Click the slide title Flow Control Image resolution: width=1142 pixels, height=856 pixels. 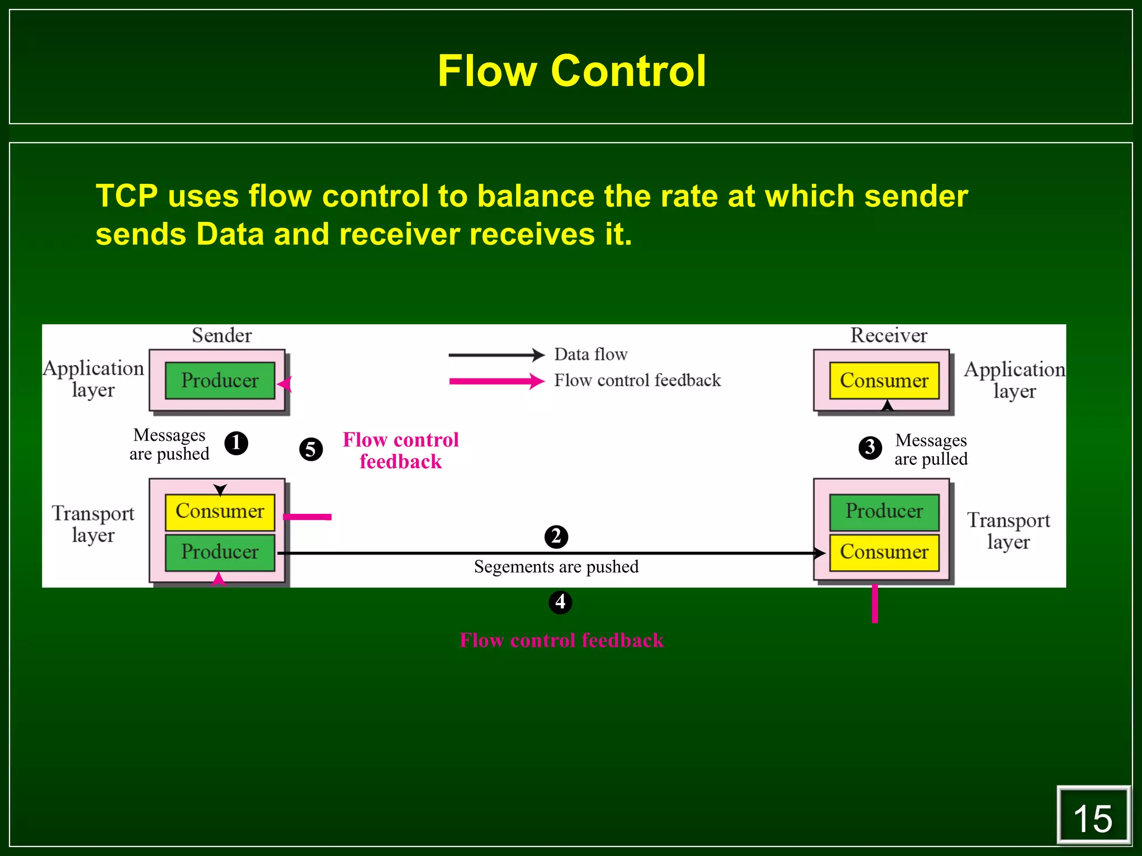(x=572, y=71)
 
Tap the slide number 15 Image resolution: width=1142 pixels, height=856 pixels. (x=1092, y=819)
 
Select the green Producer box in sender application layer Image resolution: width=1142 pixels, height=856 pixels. (x=220, y=381)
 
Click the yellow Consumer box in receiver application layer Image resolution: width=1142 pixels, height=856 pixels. (x=884, y=381)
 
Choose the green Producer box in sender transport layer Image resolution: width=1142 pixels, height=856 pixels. (x=220, y=552)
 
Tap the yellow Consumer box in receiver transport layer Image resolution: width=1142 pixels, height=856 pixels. (x=884, y=552)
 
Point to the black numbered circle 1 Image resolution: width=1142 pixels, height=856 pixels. (x=236, y=443)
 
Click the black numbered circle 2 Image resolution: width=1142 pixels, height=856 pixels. (x=556, y=537)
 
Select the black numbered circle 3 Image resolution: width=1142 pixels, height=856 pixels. (x=870, y=448)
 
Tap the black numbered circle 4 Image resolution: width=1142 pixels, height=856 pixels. (x=560, y=602)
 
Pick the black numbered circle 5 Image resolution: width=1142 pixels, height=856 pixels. (x=311, y=449)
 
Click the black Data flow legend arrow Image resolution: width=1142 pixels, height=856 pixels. (x=496, y=354)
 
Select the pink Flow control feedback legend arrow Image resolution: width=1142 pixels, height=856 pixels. (x=496, y=381)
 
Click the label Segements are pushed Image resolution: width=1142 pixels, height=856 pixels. (x=556, y=567)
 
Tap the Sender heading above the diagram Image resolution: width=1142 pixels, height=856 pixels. (x=221, y=335)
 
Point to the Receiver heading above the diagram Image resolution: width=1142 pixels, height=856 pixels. (x=888, y=335)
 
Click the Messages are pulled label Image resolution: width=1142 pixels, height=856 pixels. (x=931, y=449)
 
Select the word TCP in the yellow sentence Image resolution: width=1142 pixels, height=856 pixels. (x=127, y=196)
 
